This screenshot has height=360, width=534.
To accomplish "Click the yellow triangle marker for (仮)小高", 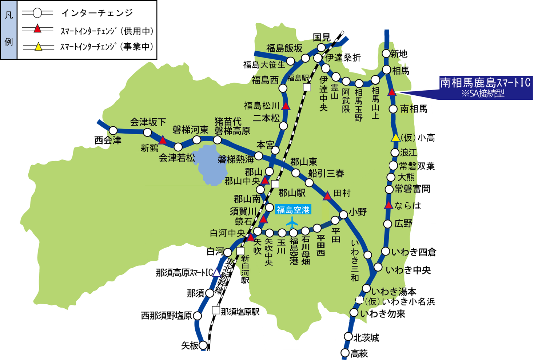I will point(395,138).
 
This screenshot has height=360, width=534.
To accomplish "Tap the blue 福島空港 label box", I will point(293,210).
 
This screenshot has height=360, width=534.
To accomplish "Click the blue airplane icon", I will point(292,222).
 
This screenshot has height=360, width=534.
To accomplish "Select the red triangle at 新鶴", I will point(163,140).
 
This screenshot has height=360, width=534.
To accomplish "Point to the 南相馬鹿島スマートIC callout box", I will point(485,88).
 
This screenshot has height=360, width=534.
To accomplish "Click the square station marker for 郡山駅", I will point(275,184).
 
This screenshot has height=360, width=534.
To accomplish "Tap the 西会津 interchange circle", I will point(113,130).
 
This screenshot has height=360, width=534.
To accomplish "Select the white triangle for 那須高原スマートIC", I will point(217,273).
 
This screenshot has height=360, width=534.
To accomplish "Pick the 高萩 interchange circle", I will point(345,353).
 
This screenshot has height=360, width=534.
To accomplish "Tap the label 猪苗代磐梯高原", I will point(232,126).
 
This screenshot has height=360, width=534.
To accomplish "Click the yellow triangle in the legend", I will point(38,47).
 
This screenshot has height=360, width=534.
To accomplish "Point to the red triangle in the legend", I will point(37,29).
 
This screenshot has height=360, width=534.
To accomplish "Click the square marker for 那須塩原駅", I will point(216,310).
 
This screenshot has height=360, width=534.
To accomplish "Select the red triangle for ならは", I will point(388,206).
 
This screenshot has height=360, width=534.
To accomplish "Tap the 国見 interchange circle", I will point(321,47).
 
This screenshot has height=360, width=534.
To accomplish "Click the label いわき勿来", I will point(382,314).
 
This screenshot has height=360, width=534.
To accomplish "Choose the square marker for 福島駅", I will point(307,87).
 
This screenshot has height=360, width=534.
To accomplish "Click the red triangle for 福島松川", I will point(286,106).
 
